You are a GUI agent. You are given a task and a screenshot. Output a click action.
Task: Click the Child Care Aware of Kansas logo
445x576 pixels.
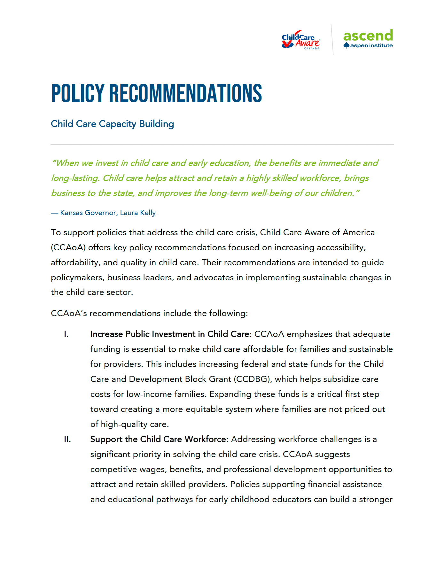[301, 40]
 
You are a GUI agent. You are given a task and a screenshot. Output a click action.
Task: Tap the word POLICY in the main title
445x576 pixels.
[78, 94]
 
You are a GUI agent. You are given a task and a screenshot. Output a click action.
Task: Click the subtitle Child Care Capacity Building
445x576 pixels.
[112, 124]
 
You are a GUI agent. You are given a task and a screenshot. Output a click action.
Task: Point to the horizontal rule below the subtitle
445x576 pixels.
[222, 144]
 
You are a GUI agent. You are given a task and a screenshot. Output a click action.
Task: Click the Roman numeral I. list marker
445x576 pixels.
[66, 334]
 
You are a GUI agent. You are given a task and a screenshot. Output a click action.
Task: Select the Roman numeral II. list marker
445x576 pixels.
[67, 440]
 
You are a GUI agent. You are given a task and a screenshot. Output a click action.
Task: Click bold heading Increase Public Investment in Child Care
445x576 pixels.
[169, 334]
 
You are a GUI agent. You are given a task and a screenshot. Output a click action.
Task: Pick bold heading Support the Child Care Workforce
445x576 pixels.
[158, 440]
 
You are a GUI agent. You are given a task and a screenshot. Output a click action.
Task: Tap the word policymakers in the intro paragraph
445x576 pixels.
[77, 278]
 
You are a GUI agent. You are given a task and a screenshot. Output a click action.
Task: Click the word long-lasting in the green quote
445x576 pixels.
[75, 178]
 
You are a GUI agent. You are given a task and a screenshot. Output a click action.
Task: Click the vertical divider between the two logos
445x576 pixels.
[332, 40]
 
